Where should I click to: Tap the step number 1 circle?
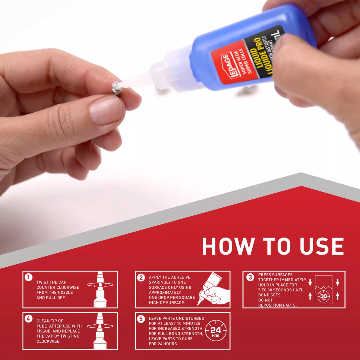pyautogui.click(x=28, y=277)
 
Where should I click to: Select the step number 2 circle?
pyautogui.click(x=141, y=277)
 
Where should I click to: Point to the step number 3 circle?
pyautogui.click(x=250, y=277)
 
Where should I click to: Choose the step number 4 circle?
pyautogui.click(x=28, y=319)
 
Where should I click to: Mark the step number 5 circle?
pyautogui.click(x=141, y=319)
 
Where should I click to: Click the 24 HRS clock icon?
pyautogui.click(x=215, y=331)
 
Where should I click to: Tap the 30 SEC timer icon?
pyautogui.click(x=323, y=296)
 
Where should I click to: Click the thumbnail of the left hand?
pyautogui.click(x=106, y=110)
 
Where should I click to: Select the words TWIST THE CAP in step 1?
pyautogui.click(x=51, y=282)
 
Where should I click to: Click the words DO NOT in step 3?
pyautogui.click(x=265, y=300)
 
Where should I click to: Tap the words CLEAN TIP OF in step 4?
pyautogui.click(x=50, y=321)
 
